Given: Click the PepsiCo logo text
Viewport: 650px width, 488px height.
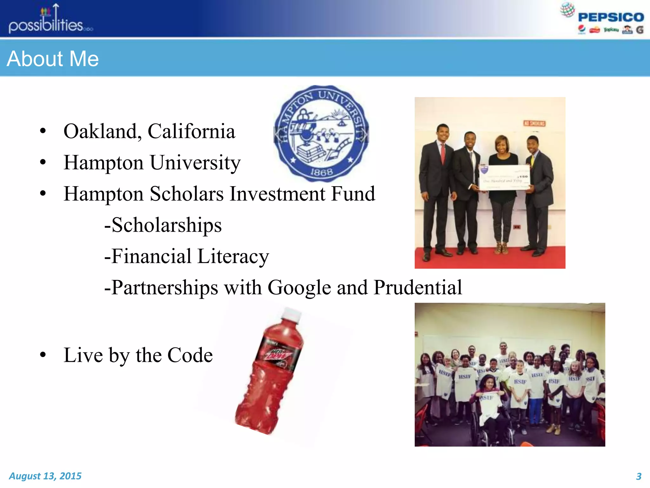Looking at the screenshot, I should pyautogui.click(x=611, y=17).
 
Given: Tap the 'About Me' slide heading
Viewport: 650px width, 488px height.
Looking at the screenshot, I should pyautogui.click(x=53, y=59).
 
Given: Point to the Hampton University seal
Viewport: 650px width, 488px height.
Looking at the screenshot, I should pyautogui.click(x=321, y=133).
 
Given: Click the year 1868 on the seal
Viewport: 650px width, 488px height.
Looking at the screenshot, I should pyautogui.click(x=321, y=172).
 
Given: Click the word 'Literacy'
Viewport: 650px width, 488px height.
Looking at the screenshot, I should pyautogui.click(x=233, y=256).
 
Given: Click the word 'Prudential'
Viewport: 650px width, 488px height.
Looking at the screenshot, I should pyautogui.click(x=418, y=287).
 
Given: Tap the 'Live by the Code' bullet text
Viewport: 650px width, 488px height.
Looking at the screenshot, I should pyautogui.click(x=138, y=355).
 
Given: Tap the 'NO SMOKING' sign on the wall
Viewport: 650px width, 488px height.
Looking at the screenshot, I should pyautogui.click(x=534, y=123).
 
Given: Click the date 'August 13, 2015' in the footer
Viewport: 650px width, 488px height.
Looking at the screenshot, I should pyautogui.click(x=45, y=476).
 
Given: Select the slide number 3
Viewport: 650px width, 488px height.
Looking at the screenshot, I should pyautogui.click(x=639, y=476).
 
